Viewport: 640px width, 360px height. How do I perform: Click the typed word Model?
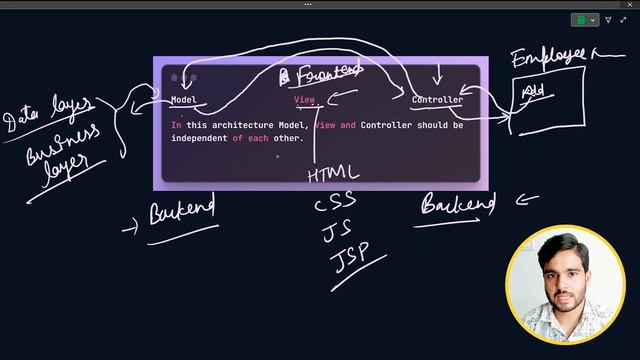183,100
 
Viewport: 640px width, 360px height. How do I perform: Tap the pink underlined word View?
304,100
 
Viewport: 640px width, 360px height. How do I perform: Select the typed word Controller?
437,100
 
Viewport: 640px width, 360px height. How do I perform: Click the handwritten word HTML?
333,174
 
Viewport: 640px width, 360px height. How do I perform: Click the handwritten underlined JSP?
357,257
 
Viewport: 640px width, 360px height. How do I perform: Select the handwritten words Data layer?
49,115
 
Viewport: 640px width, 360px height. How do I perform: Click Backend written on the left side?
182,212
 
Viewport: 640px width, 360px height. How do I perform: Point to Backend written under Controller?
458,206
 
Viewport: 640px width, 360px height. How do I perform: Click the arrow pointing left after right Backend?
525,198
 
